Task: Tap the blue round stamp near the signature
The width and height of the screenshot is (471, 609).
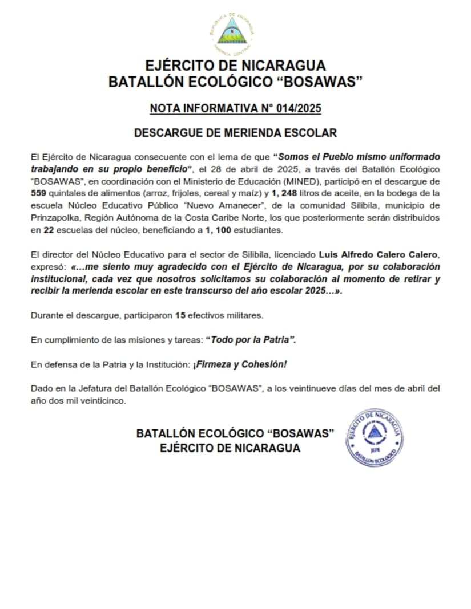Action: [375, 437]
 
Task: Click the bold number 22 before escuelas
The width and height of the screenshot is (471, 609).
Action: [49, 230]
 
